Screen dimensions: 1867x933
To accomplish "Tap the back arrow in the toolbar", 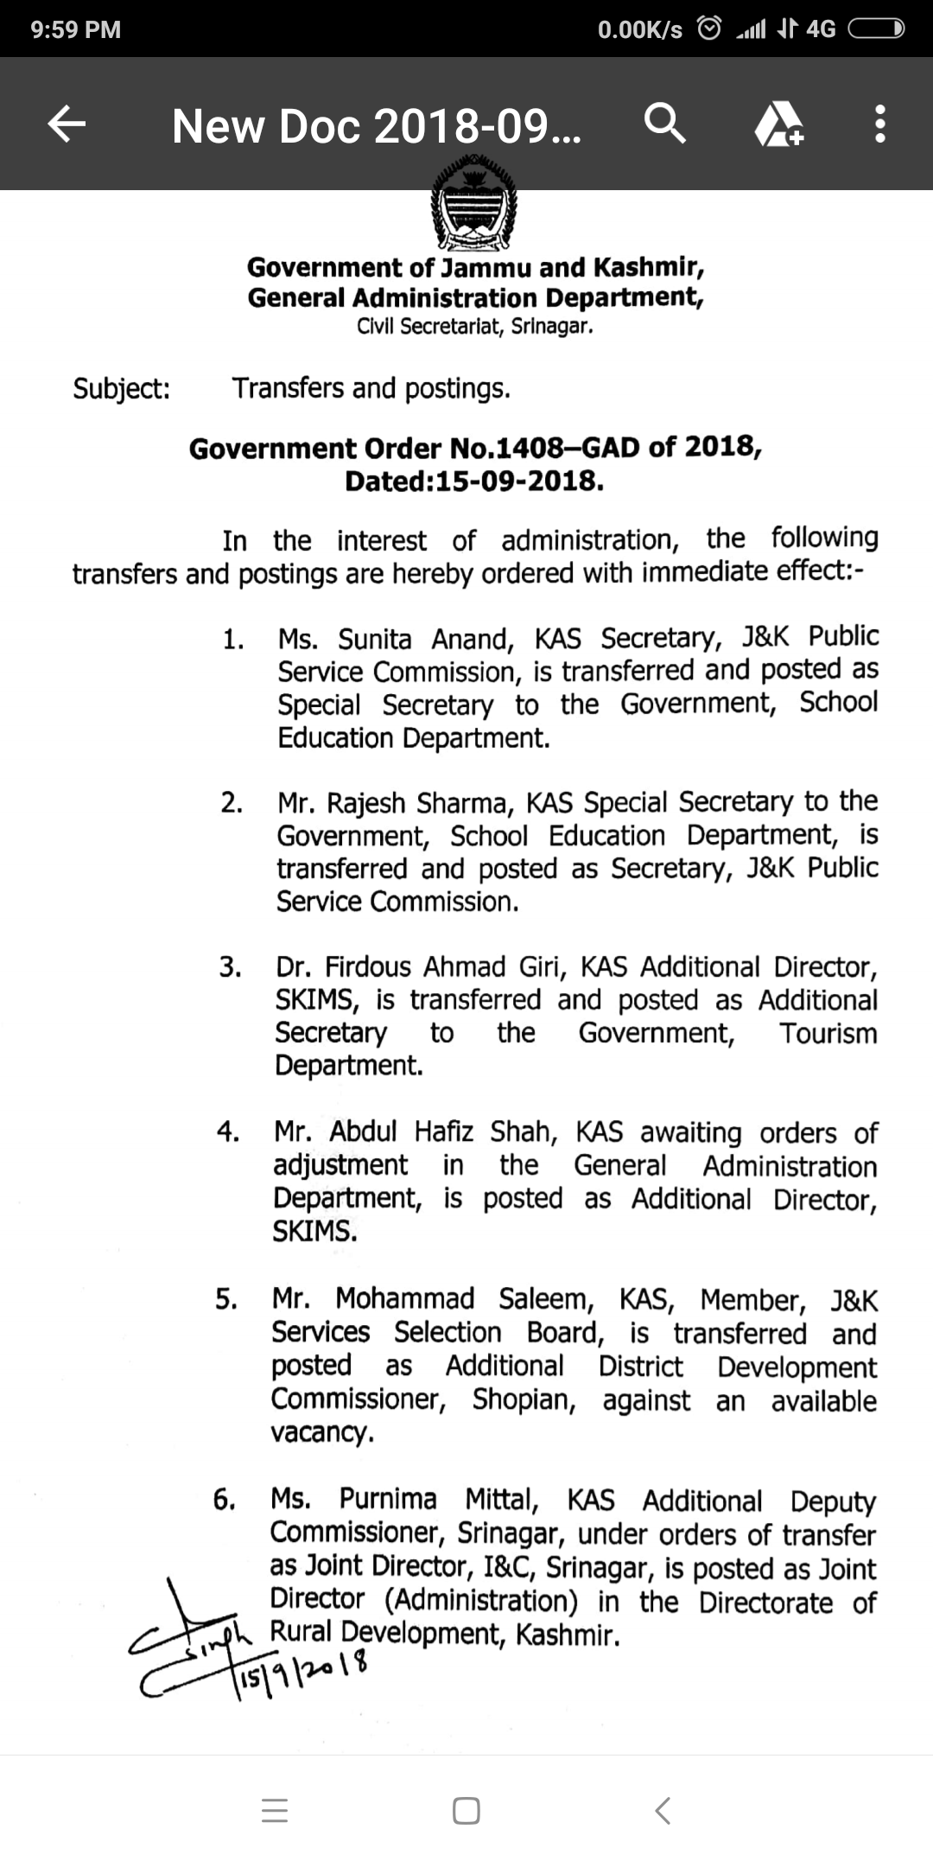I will click(67, 124).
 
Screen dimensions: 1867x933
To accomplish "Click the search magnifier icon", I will click(664, 124).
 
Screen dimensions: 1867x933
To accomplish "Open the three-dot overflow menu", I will click(879, 124).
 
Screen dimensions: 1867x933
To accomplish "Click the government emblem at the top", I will click(473, 203).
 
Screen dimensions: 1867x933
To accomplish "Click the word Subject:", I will click(122, 389).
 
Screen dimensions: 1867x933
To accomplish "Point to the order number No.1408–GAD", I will click(547, 448).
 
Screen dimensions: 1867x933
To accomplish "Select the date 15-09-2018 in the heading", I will click(517, 481).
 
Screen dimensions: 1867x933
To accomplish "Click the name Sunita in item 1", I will click(375, 640).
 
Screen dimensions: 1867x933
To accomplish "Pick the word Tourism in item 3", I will click(828, 1034).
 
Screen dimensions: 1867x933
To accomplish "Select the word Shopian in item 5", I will click(524, 1399).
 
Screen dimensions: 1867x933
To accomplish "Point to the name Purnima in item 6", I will click(388, 1500).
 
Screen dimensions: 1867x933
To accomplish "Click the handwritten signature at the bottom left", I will click(190, 1634).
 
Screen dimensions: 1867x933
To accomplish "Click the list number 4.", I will click(228, 1132).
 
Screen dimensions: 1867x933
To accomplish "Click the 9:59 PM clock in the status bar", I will click(76, 29).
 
